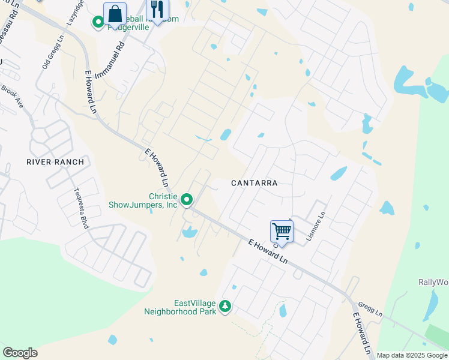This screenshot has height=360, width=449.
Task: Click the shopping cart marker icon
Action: click(282, 230)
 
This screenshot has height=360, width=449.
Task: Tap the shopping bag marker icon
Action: click(115, 14)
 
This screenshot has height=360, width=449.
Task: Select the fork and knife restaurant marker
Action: click(157, 10)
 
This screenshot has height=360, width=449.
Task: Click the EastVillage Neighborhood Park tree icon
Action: click(225, 307)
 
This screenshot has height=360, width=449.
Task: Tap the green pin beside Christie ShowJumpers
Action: click(187, 199)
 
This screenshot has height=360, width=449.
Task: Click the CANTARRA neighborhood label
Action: click(255, 182)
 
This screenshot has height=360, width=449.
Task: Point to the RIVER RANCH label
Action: click(55, 162)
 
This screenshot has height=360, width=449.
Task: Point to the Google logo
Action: click(20, 353)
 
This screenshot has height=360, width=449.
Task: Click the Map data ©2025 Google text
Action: click(412, 355)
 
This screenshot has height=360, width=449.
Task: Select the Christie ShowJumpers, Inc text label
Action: click(143, 200)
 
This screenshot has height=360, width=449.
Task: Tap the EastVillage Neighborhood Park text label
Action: click(180, 307)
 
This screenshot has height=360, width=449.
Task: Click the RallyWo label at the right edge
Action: click(433, 282)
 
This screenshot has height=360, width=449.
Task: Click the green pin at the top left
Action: click(98, 23)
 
